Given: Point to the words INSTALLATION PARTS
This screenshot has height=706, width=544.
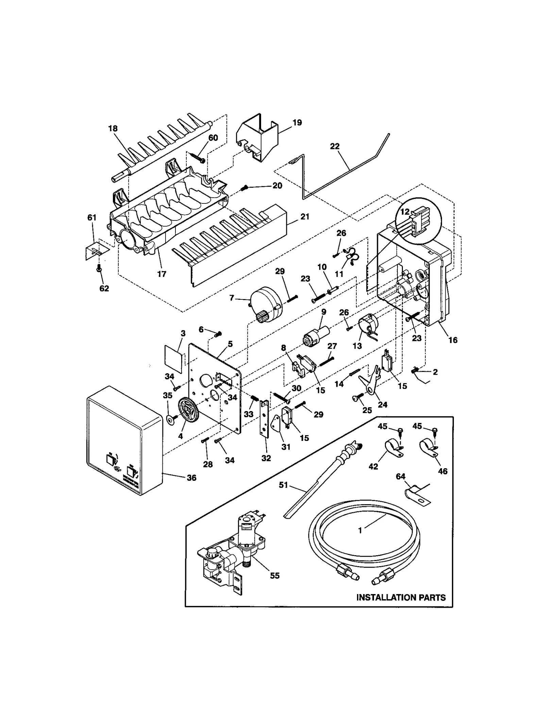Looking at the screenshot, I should point(401,597).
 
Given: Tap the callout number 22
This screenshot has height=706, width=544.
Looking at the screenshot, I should point(335,146).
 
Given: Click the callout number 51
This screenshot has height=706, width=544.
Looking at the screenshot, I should point(283,485).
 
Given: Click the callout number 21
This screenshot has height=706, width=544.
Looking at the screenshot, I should point(305,216).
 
